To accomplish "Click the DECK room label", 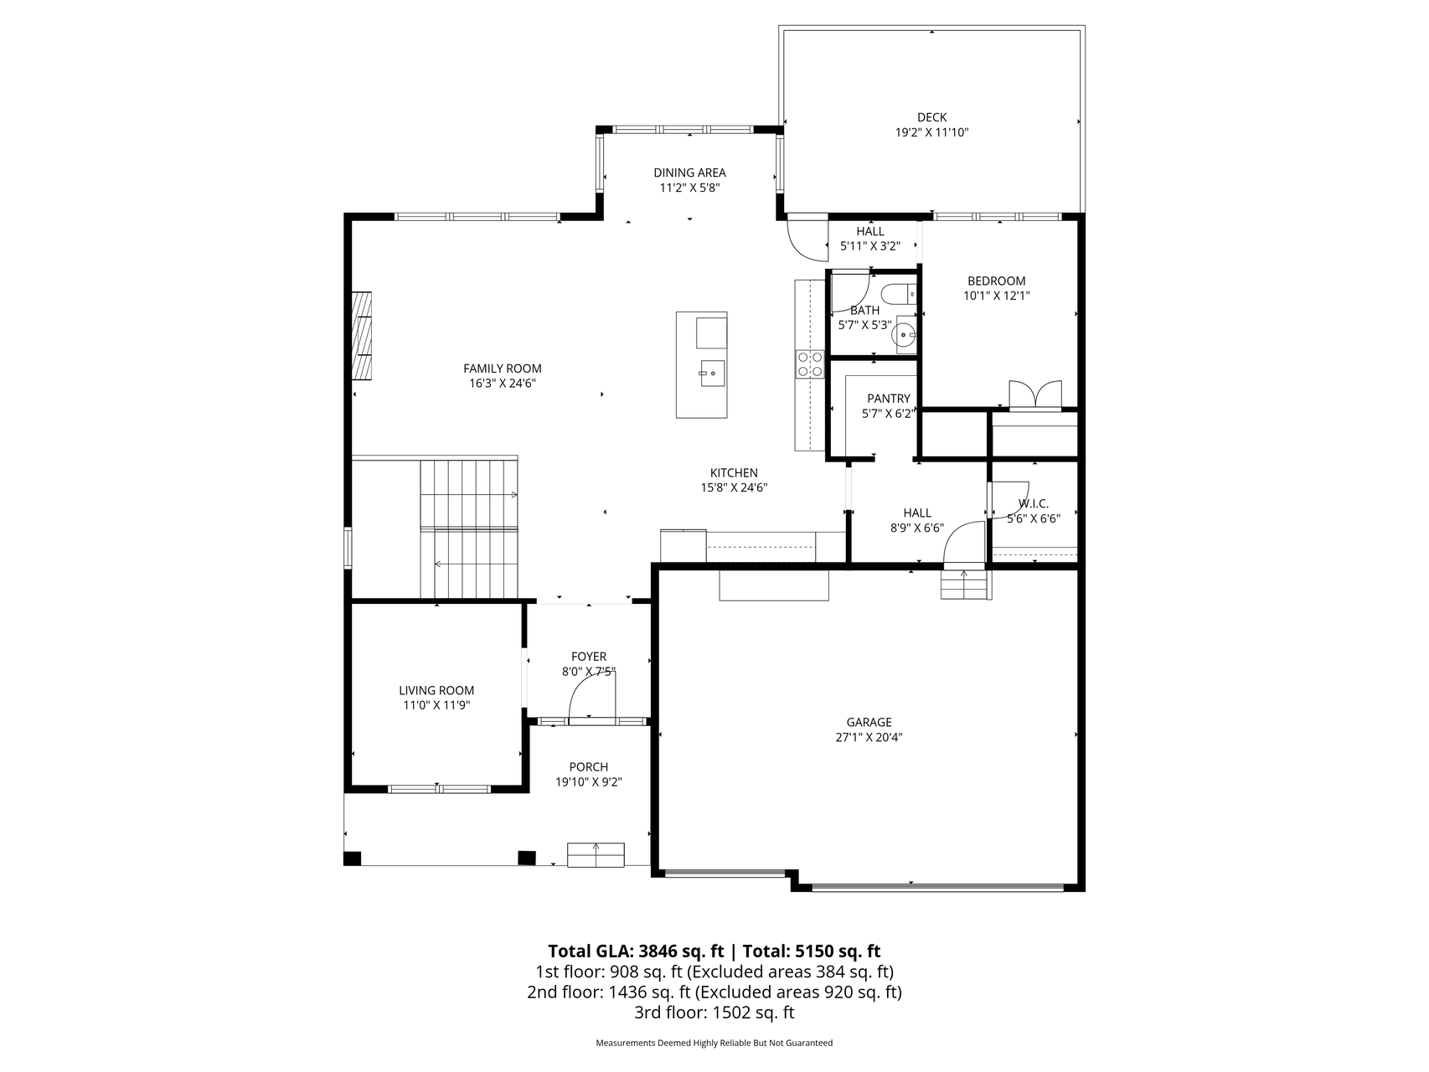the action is point(931,117).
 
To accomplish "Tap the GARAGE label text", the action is point(869,722).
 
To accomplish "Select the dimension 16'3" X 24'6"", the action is point(502,384).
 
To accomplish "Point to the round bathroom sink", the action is point(904,335).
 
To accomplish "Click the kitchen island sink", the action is point(713,374).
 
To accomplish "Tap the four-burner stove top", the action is point(809,363).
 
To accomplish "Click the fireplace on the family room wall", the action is point(362,335).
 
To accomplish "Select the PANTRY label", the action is point(888,399).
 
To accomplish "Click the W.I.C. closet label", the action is point(1033,503).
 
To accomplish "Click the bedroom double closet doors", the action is point(1035,394).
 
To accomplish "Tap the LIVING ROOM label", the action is point(436,690).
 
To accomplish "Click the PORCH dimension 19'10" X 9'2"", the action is point(588,782).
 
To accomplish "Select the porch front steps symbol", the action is point(596,855).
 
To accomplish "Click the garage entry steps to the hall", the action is point(965,585).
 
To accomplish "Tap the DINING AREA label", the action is point(689,173).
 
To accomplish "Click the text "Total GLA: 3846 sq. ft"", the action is point(635,951).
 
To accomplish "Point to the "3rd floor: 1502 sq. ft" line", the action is point(714,1013).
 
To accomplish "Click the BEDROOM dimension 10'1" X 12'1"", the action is point(996,296).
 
